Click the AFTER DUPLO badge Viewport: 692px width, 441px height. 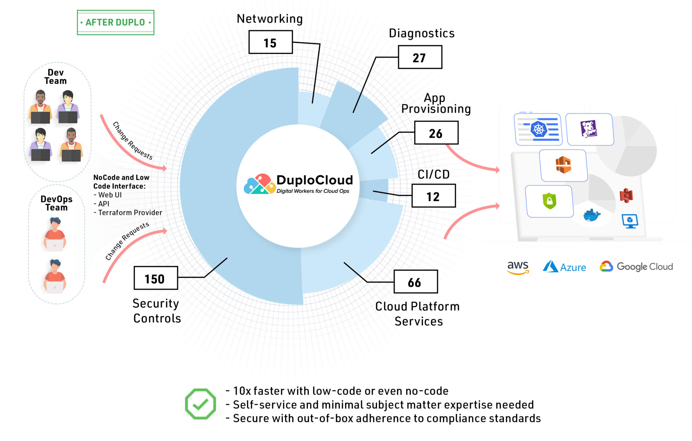point(116,22)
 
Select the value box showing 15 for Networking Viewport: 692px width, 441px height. point(270,43)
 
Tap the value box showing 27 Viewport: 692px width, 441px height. point(420,57)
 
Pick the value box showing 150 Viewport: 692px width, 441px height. point(155,278)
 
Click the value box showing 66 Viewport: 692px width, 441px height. point(415,282)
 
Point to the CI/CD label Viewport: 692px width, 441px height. point(434,174)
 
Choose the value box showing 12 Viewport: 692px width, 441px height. point(433,196)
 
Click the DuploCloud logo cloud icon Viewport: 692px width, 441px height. point(259,185)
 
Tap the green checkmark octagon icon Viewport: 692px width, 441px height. point(200,404)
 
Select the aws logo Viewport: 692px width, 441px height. point(518,267)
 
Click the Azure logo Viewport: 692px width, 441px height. point(564,267)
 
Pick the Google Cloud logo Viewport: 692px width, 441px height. point(636,267)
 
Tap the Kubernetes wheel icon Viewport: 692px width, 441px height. point(539,129)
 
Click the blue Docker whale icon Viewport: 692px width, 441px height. point(591,215)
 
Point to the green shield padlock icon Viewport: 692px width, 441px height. point(549,201)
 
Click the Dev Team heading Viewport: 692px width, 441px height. point(55,77)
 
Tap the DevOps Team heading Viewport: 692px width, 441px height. point(56,203)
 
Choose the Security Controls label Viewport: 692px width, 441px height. point(156,311)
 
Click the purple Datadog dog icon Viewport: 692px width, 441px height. point(589,129)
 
